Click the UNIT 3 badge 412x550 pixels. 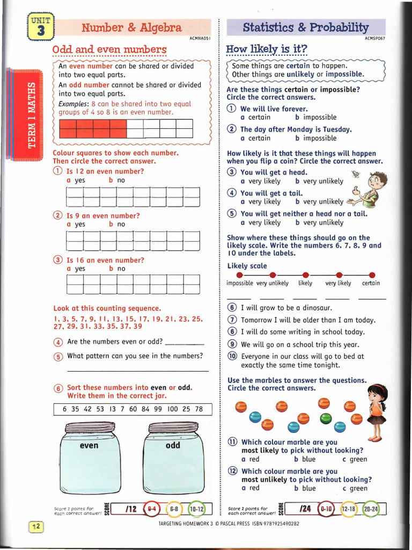[41, 27]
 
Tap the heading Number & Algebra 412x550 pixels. [131, 27]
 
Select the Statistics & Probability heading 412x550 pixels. [306, 27]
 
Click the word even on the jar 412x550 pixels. [89, 445]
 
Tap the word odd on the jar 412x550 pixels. [173, 445]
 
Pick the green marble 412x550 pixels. [326, 418]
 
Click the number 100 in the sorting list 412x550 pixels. [172, 409]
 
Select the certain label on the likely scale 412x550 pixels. [371, 283]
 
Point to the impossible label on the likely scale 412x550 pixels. [240, 283]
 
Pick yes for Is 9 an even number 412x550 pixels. [76, 224]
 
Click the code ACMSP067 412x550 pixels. [375, 39]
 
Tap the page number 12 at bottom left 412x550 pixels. [35, 527]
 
